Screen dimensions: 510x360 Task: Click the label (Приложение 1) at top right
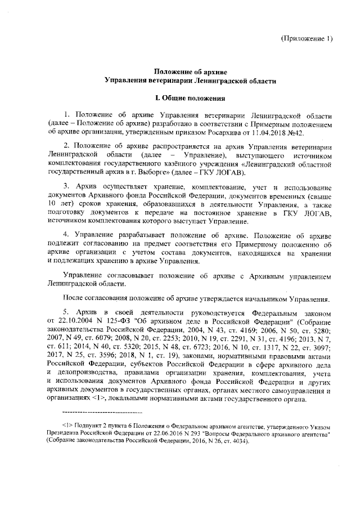click(x=307, y=38)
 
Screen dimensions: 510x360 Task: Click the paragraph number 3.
click(x=66, y=185)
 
